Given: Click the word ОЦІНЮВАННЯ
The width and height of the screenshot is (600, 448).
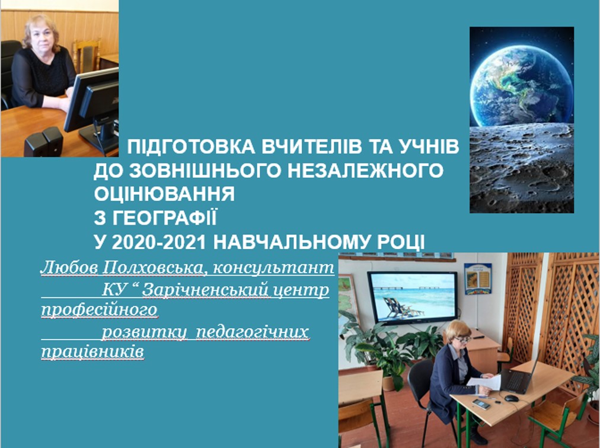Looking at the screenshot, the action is [164, 194].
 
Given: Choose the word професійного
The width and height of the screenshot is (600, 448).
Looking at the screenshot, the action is [99, 310].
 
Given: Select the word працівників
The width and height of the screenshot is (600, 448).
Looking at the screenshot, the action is [92, 352].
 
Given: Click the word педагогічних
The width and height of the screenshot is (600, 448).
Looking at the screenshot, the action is [252, 332].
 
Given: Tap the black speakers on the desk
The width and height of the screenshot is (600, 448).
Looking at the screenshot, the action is [43, 142].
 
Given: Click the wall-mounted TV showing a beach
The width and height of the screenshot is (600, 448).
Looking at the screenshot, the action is [412, 297].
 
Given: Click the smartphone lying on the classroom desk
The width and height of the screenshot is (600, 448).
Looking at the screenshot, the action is [481, 404].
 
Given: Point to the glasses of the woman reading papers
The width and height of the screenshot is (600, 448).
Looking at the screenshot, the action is [462, 338].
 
